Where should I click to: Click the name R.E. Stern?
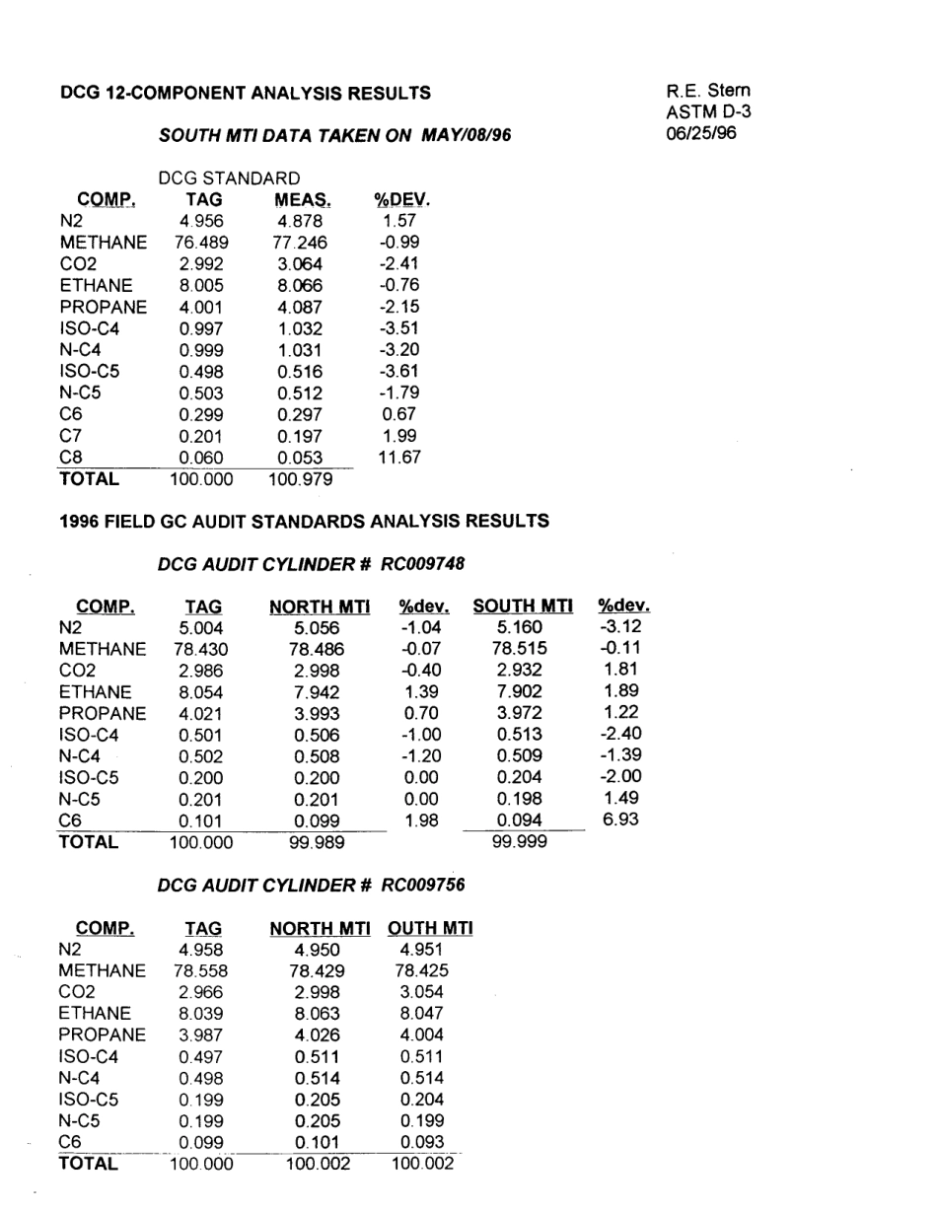point(708,91)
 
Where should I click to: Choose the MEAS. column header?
point(301,200)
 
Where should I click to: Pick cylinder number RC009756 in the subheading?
point(423,885)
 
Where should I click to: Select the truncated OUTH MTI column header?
point(431,928)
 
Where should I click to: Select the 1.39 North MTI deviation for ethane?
point(422,690)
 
